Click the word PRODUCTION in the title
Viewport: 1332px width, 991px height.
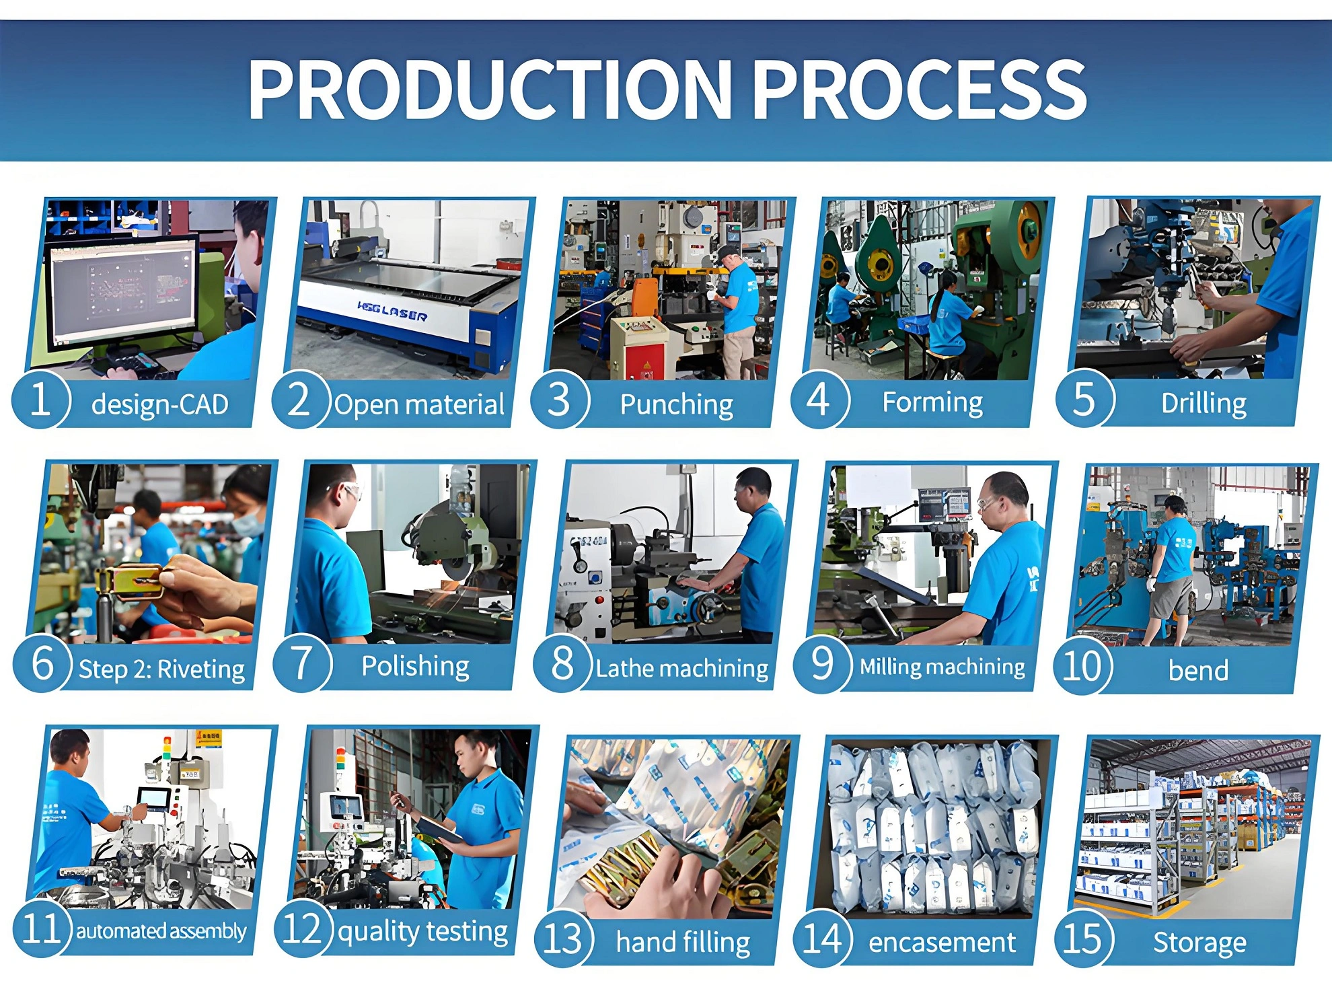click(x=490, y=89)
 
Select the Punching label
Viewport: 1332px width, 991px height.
click(x=676, y=404)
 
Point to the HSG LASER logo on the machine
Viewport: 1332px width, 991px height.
click(x=392, y=312)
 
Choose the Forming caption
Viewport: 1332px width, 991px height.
click(x=932, y=402)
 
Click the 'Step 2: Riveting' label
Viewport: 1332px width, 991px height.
click(x=161, y=669)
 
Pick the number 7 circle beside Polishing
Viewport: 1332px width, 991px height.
click(x=302, y=663)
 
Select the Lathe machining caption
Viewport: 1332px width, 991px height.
click(x=681, y=668)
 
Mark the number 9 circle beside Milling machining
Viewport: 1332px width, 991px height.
click(x=822, y=663)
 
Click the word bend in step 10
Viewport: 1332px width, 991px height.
click(x=1198, y=670)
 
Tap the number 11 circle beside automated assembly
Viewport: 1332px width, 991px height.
click(x=42, y=928)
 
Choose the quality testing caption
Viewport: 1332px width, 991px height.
click(x=422, y=932)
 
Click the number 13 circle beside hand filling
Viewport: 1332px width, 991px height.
click(x=562, y=939)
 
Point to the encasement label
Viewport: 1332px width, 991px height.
click(x=942, y=943)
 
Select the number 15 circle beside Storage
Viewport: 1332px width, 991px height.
click(x=1082, y=939)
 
